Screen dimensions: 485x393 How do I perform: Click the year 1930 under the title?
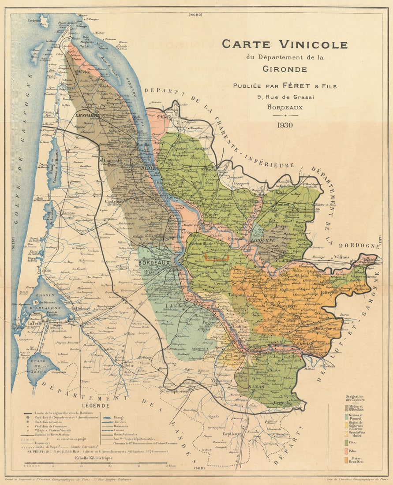(x=285, y=125)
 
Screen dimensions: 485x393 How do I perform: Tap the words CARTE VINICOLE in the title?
(x=284, y=44)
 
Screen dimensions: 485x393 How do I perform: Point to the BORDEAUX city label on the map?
(x=154, y=263)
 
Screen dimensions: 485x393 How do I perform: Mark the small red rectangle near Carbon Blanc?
(x=217, y=257)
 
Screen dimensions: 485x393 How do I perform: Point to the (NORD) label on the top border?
(x=195, y=15)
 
